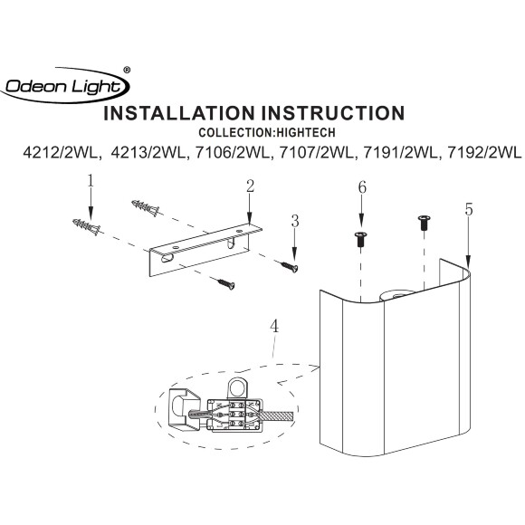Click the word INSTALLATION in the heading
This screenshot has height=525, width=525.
(179, 113)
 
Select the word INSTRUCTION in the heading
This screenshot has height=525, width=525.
(333, 113)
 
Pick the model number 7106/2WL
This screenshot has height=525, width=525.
(232, 153)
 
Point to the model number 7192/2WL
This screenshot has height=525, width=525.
(484, 153)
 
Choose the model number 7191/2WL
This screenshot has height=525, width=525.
(400, 153)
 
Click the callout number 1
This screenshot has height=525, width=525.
(91, 181)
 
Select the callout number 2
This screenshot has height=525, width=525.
(250, 186)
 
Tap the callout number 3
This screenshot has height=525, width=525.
(295, 222)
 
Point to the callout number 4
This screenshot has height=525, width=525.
(274, 326)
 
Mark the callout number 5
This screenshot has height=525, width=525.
(469, 210)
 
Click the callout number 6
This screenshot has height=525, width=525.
(362, 187)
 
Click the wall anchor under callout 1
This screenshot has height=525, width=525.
(86, 226)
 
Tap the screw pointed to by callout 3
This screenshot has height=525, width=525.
(290, 266)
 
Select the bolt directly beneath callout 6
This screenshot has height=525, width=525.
(360, 239)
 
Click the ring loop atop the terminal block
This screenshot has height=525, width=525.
(237, 387)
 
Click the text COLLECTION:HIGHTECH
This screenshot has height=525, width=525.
(267, 132)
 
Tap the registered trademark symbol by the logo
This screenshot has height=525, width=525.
(127, 70)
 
